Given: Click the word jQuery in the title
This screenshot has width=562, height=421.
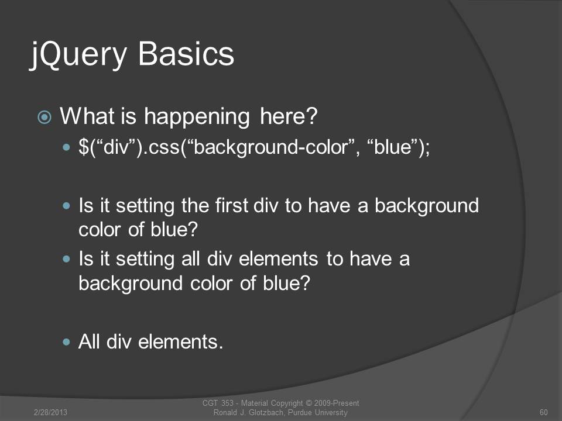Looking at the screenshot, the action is pos(78,54).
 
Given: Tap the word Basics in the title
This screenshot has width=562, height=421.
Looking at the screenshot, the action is pos(186,53).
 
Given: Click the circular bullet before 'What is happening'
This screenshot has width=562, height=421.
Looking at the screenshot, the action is pos(44,117).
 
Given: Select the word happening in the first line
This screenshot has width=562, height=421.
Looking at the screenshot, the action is pos(197,117).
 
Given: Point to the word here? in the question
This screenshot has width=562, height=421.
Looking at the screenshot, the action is pos(289,116).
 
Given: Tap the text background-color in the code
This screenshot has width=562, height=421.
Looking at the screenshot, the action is pos(270,147).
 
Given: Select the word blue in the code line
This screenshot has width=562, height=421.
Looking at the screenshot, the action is pos(392,146).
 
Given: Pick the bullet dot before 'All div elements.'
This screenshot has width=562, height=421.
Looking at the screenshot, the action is pos(66,341).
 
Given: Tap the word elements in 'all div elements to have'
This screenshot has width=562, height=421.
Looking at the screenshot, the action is pos(278,259).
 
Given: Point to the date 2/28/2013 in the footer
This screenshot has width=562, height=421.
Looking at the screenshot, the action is pos(50,412).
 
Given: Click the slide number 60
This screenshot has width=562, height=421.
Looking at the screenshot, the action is pos(543,412).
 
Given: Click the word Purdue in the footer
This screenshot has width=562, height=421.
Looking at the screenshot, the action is pos(300,412).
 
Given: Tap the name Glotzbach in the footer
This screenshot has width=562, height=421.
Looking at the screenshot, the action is pos(266,412).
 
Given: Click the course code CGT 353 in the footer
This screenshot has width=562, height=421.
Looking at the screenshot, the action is pos(218,403).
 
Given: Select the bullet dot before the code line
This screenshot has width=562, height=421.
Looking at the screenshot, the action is pos(66,147).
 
